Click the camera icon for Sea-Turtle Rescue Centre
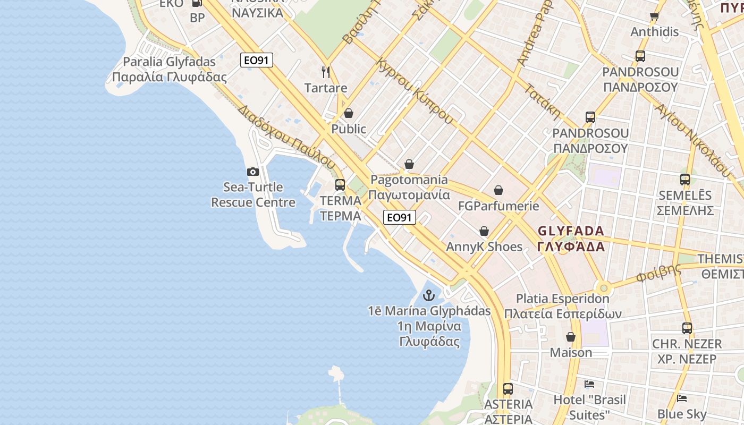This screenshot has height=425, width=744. click(253, 172)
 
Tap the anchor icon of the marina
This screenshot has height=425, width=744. click(428, 295)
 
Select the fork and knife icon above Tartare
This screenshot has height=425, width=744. click(326, 72)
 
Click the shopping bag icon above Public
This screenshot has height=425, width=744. click(349, 113)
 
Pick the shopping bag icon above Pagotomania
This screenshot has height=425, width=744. click(409, 165)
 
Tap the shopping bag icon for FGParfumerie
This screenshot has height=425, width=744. click(498, 190)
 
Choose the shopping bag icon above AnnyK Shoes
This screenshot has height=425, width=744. click(484, 231)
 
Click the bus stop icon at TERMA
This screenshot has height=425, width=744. click(340, 185)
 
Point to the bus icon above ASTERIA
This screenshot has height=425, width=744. click(508, 388)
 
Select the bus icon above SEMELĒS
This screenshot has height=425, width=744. click(685, 180)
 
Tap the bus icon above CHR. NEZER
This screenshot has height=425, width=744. click(687, 328)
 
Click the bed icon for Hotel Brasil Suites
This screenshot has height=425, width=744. click(589, 384)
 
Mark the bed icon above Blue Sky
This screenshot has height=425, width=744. click(682, 398)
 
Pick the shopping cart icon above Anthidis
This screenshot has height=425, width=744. click(654, 16)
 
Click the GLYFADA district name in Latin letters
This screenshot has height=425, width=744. click(571, 231)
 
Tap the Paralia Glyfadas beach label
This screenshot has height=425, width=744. click(170, 62)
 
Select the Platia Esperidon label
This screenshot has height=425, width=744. click(562, 299)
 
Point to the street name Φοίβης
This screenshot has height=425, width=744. click(658, 273)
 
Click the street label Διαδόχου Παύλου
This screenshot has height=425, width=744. click(287, 137)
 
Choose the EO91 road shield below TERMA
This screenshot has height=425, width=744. click(400, 217)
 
